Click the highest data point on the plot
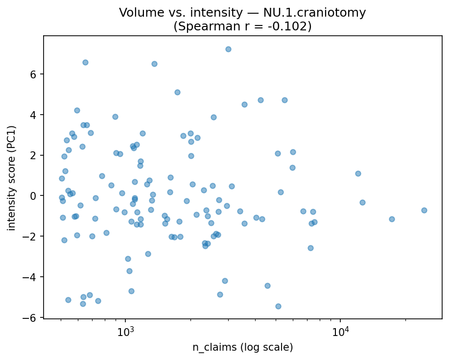pos(228,49)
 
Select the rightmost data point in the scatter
pos(424,210)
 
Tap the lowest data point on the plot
pos(278,306)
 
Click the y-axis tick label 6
pos(35,74)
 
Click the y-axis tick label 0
pos(35,196)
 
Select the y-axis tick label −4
pos(33,277)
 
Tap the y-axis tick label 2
pos(35,155)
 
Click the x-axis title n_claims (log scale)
pos(242,347)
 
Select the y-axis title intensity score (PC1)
pos(12,178)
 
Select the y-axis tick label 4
pos(35,115)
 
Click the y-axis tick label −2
pos(33,236)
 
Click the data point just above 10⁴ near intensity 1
pos(358,173)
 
